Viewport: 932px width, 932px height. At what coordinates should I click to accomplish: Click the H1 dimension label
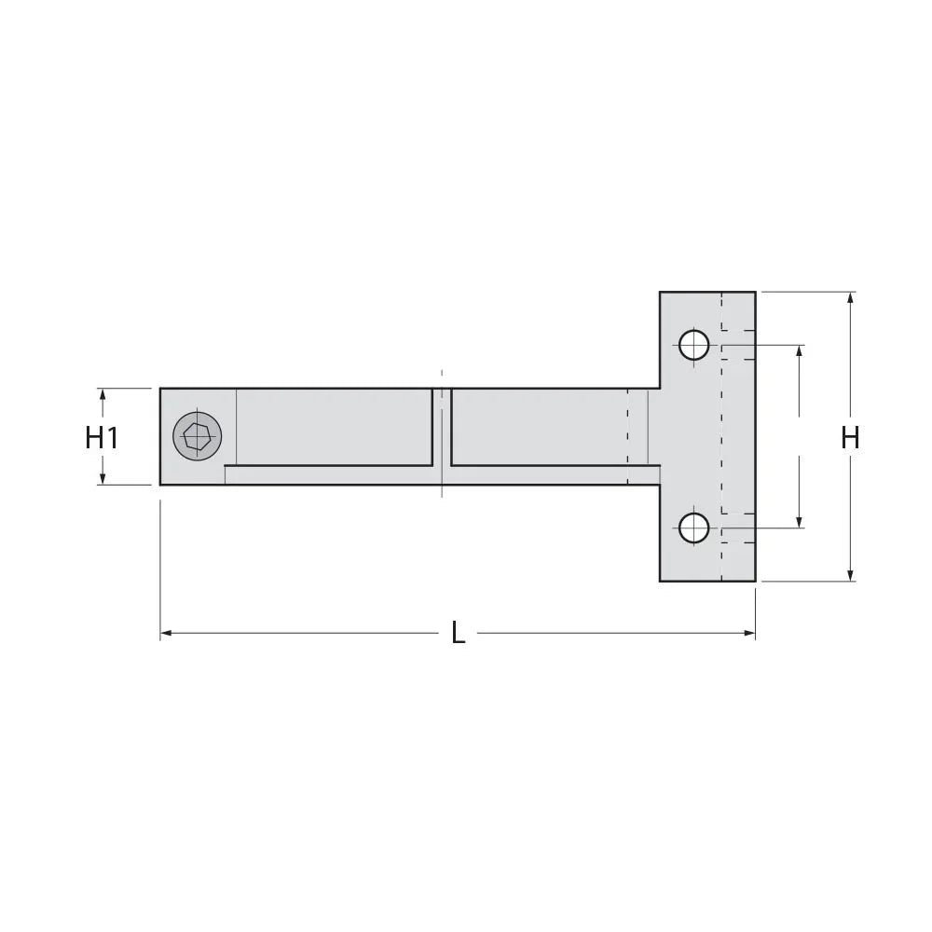102,437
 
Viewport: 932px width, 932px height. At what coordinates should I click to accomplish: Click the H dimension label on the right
850,437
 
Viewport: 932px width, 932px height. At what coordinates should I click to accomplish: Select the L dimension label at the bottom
458,634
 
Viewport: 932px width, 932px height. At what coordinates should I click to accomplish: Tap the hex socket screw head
198,435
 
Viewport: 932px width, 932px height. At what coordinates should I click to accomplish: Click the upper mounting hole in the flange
693,345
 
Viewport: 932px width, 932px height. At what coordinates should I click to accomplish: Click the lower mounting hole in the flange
693,528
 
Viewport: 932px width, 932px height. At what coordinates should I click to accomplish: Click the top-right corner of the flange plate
755,293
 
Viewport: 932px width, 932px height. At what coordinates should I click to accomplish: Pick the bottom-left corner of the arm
160,485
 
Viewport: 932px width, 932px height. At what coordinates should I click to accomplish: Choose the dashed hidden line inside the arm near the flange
629,435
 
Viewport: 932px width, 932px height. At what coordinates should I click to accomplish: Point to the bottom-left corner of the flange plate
660,581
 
